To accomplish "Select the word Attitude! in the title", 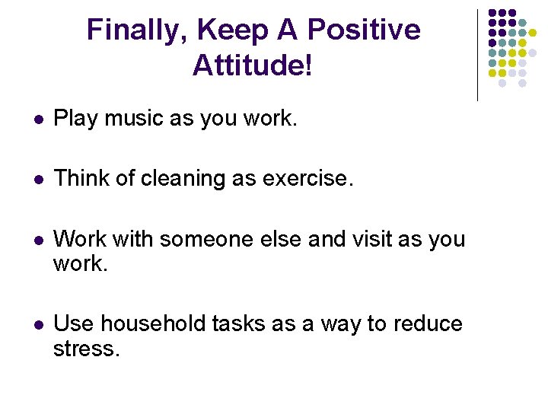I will [x=253, y=65].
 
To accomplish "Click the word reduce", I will [x=428, y=324].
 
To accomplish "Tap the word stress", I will [x=87, y=350].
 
